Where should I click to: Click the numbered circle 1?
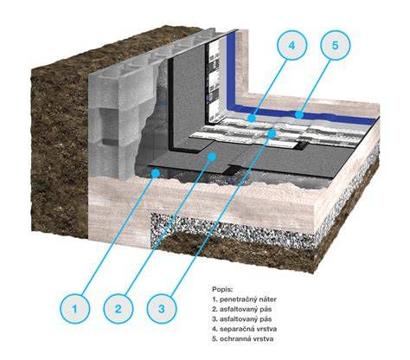(75, 309)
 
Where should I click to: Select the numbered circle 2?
(119, 309)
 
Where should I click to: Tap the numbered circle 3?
(162, 309)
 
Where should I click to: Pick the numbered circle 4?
(291, 45)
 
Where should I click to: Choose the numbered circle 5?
(335, 45)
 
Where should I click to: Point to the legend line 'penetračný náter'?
(244, 299)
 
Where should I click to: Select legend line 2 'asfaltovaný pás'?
(242, 309)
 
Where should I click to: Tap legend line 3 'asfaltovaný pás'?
(242, 319)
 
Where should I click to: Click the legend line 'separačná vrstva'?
(244, 329)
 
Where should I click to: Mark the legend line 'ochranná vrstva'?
(242, 339)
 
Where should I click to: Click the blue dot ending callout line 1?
(156, 173)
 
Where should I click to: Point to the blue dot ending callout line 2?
(212, 157)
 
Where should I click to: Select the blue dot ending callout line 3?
(272, 133)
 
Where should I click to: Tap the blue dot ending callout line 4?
(252, 119)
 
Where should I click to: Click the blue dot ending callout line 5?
(299, 115)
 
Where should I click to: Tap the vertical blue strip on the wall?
(231, 69)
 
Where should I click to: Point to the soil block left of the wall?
(59, 145)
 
